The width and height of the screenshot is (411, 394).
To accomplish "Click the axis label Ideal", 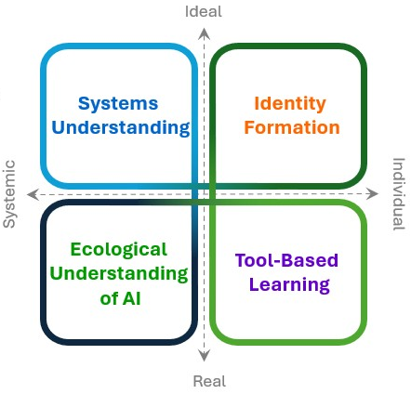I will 205,11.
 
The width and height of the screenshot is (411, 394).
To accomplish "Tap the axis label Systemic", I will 10,193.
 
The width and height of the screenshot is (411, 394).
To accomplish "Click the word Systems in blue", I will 118,103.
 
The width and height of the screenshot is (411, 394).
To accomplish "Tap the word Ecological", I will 119,250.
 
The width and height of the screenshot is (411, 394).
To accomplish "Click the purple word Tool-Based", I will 286,261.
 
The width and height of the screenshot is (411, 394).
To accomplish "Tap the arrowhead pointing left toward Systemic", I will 32,194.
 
